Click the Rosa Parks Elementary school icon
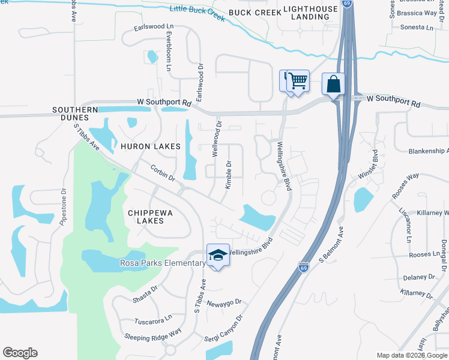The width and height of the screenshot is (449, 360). (218, 255)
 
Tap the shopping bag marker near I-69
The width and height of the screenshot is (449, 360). (333, 84)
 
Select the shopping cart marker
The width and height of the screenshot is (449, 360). (297, 80)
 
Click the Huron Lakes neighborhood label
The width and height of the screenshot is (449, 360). (150, 146)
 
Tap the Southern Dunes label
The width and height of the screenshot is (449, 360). (75, 114)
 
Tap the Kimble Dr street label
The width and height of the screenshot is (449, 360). (228, 175)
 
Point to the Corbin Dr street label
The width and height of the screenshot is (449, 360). (162, 173)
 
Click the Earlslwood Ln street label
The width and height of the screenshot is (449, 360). (154, 27)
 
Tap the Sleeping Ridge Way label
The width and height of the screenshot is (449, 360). (152, 332)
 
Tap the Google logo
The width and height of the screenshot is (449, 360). (20, 353)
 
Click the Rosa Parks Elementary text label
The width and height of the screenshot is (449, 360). (163, 263)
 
